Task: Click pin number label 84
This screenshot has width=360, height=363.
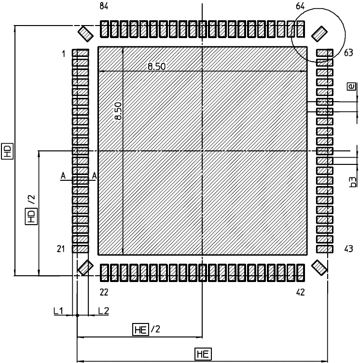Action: [104, 6]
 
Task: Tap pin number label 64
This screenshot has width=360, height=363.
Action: [300, 6]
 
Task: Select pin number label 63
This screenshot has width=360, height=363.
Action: [348, 53]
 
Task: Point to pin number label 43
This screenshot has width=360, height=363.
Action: [348, 249]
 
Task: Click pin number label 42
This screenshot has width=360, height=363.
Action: [301, 293]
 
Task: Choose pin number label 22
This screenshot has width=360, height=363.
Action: [104, 293]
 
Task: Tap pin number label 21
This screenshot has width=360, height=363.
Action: [61, 249]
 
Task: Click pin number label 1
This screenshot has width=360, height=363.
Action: [64, 54]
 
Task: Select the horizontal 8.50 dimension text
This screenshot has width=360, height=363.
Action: [157, 67]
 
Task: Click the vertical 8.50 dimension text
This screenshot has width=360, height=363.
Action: [118, 111]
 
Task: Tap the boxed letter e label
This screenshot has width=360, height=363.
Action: [351, 87]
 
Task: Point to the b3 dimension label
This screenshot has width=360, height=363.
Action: [352, 182]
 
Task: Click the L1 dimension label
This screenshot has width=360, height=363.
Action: [58, 310]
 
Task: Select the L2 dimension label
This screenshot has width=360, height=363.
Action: [104, 310]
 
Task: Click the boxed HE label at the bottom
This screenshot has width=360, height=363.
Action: [203, 354]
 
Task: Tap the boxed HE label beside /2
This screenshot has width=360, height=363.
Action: [140, 329]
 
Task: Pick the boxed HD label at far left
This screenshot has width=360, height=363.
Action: [7, 151]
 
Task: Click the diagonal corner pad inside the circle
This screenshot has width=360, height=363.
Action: [319, 34]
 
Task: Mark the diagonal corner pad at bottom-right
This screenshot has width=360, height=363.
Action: [319, 268]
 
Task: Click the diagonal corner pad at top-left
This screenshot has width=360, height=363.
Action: [85, 34]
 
